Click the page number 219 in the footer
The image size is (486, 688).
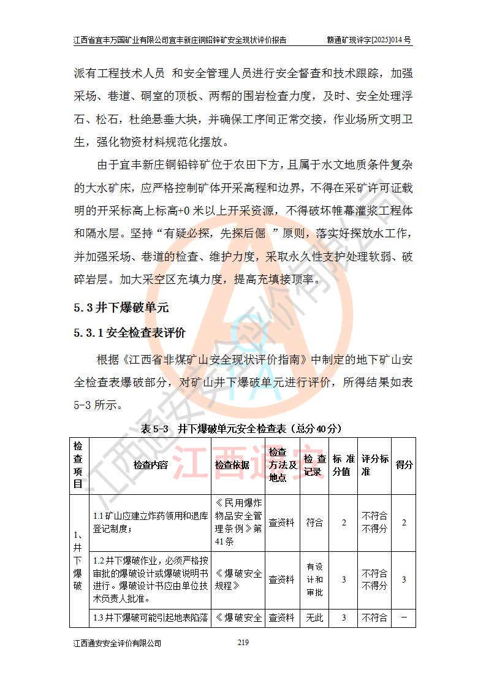[x=242, y=643]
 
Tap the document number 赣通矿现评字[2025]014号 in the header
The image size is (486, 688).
[x=370, y=40]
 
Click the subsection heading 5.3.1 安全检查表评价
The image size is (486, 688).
[x=129, y=333]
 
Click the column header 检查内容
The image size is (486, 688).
[x=151, y=465]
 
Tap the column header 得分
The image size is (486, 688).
[x=404, y=465]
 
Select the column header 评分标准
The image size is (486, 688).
[x=374, y=465]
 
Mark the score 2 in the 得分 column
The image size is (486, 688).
[x=404, y=523]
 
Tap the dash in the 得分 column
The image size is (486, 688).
[x=404, y=618]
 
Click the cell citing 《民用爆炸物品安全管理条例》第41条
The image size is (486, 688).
[x=238, y=523]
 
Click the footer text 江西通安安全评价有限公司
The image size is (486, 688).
[x=117, y=643]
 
